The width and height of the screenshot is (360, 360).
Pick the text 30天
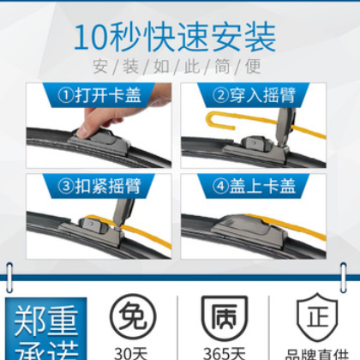[127, 351]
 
